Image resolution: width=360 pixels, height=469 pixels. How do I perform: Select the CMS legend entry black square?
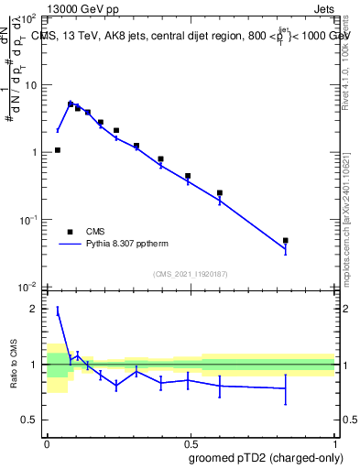point(70,232)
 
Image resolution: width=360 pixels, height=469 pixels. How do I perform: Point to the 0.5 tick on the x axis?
point(191,439)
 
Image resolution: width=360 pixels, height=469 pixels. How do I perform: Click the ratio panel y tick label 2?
point(34,309)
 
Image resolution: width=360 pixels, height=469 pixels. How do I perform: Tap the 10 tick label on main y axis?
point(30,85)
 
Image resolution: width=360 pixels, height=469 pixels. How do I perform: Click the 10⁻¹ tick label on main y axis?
point(28,220)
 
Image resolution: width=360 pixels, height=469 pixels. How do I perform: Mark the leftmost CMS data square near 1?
point(58,150)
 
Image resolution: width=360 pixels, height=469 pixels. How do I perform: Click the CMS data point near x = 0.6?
point(220,193)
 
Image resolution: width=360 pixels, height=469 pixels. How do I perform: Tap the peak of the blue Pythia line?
point(71,103)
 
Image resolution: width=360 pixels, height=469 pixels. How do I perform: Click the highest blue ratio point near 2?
point(58,311)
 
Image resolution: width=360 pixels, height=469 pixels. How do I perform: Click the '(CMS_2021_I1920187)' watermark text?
point(191,274)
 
